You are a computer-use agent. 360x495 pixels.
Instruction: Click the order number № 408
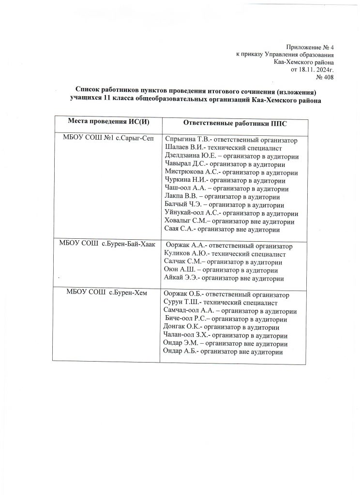pyautogui.click(x=324, y=77)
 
